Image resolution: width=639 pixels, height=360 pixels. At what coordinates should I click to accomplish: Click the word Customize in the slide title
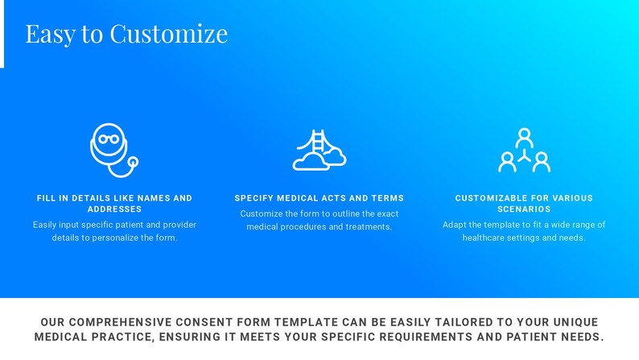pyautogui.click(x=168, y=34)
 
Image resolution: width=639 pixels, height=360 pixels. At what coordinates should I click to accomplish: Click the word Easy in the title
pyautogui.click(x=50, y=34)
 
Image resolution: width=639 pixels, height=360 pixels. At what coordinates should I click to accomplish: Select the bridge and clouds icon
pyautogui.click(x=319, y=151)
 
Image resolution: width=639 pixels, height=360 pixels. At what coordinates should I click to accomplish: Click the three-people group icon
pyautogui.click(x=524, y=151)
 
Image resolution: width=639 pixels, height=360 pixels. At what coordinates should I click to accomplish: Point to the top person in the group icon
pyautogui.click(x=525, y=136)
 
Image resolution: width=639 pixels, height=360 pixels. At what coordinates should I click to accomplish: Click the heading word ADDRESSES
pyautogui.click(x=114, y=209)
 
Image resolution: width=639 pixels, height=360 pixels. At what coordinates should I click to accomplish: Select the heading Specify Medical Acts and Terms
pyautogui.click(x=319, y=198)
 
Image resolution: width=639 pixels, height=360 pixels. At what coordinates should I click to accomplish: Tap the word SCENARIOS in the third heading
pyautogui.click(x=524, y=209)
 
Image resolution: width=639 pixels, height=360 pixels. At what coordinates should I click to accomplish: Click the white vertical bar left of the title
pyautogui.click(x=2, y=34)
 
